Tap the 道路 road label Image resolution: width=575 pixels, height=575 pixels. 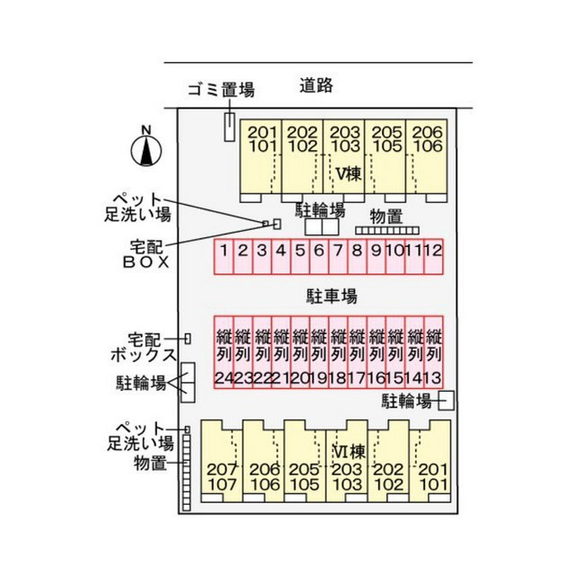pyautogui.click(x=316, y=85)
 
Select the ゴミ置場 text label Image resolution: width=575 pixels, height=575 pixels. pyautogui.click(x=221, y=90)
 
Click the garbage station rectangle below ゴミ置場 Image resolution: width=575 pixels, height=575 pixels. pyautogui.click(x=230, y=127)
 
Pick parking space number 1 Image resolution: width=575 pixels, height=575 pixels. pyautogui.click(x=224, y=257)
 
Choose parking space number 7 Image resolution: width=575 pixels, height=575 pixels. pyautogui.click(x=338, y=257)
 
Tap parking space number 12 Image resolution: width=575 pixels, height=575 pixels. pyautogui.click(x=433, y=257)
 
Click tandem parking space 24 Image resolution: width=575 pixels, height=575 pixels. pyautogui.click(x=224, y=352)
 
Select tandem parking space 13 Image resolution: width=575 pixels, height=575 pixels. pyautogui.click(x=434, y=352)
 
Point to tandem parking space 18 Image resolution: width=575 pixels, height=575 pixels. pyautogui.click(x=339, y=352)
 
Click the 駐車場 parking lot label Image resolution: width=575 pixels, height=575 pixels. pyautogui.click(x=332, y=296)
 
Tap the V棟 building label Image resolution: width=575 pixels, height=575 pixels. pyautogui.click(x=349, y=173)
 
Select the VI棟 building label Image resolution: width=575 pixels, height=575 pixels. pyautogui.click(x=349, y=451)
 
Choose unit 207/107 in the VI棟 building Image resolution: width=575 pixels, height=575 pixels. pyautogui.click(x=222, y=461)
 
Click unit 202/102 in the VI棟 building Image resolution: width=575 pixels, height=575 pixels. pyautogui.click(x=388, y=461)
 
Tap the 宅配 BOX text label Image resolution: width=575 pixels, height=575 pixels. pyautogui.click(x=146, y=254)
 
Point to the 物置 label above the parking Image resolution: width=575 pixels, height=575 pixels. pyautogui.click(x=386, y=217)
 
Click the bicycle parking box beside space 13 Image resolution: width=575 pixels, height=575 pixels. pyautogui.click(x=447, y=401)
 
